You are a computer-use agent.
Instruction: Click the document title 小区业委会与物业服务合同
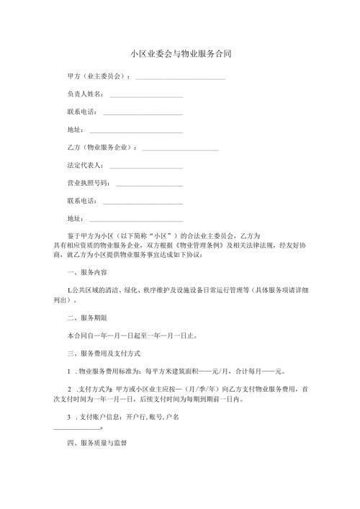point(180,54)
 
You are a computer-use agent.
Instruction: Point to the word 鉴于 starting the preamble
point(73,235)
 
